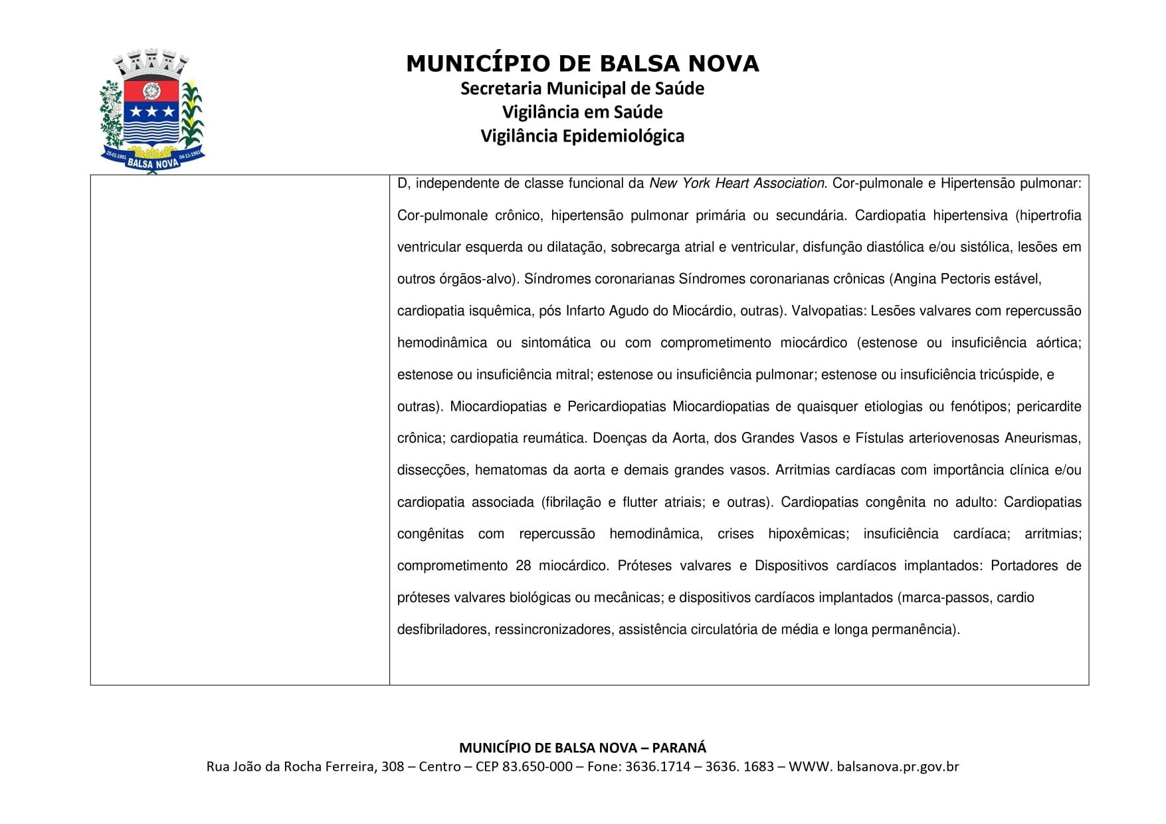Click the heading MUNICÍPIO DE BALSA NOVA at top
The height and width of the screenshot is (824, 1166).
tap(582, 64)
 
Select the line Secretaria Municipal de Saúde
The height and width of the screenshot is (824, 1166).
tap(582, 88)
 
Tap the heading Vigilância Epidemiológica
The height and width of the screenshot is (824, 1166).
tap(582, 136)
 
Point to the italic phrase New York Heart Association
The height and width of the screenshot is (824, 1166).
tap(737, 183)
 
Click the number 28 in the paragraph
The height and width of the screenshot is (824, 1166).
tap(523, 566)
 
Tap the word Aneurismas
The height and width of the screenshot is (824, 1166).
tap(1042, 439)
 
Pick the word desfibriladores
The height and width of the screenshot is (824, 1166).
tap(442, 630)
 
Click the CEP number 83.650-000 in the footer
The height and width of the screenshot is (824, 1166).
tap(537, 767)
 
